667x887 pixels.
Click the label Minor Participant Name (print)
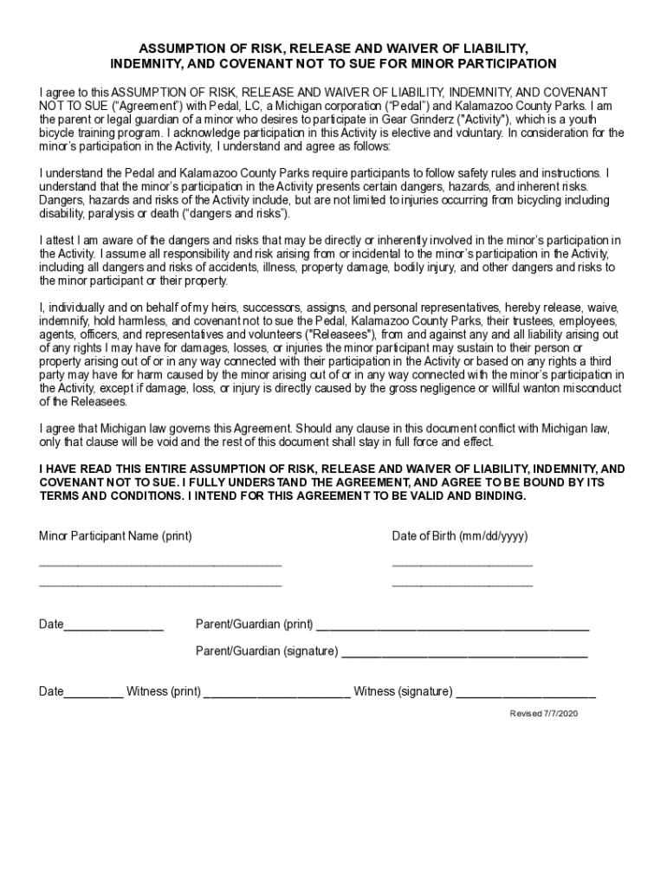[115, 536]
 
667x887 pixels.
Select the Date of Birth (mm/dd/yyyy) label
[459, 536]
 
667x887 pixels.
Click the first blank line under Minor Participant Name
[160, 566]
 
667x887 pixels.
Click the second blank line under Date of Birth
[462, 586]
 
